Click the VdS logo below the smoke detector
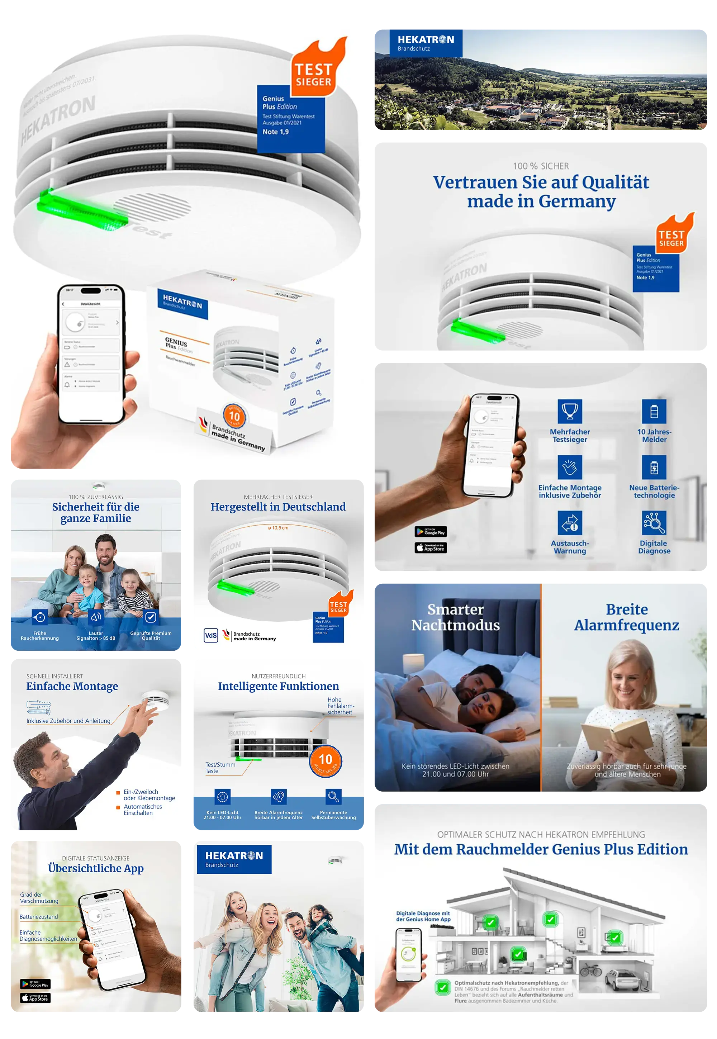(211, 635)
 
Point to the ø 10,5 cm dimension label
(278, 528)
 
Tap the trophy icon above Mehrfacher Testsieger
(570, 411)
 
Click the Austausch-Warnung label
(570, 547)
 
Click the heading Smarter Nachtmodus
(456, 617)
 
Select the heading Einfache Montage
(72, 686)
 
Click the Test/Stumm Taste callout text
(220, 768)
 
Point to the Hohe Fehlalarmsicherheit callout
(340, 706)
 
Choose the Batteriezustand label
(39, 917)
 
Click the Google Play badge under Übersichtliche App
(35, 984)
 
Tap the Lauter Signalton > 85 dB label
(96, 636)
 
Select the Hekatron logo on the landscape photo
(426, 43)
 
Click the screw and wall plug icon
(39, 707)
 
